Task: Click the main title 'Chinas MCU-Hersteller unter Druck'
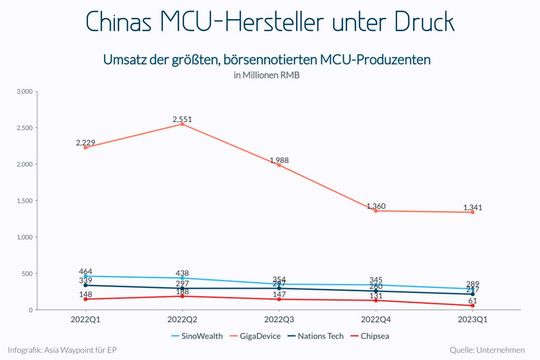pos(270,21)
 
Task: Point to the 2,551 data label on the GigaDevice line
pos(182,119)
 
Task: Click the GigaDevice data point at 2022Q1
pos(86,147)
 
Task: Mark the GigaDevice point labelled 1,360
pos(376,211)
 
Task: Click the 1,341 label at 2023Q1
pos(473,207)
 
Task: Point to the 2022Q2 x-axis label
pos(182,319)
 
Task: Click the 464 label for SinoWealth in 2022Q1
pos(86,271)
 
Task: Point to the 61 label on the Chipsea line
pos(473,300)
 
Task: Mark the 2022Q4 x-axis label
pos(376,319)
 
